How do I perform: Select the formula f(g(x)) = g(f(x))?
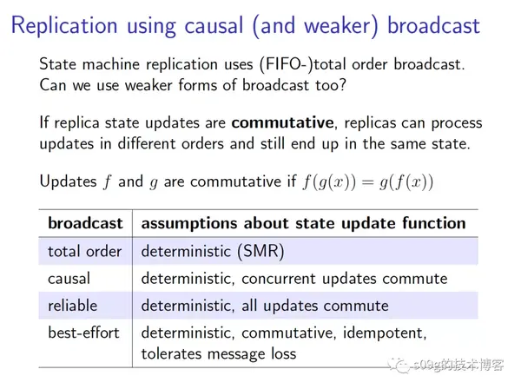tap(367, 181)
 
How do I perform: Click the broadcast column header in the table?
tap(85, 222)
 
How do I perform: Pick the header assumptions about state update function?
tap(303, 222)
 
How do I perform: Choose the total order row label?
tap(84, 251)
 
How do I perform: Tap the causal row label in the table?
tap(69, 278)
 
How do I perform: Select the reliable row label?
tap(73, 305)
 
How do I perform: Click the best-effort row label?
tap(84, 333)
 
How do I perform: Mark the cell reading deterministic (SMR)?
tap(212, 251)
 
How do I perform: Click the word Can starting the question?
tap(55, 85)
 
